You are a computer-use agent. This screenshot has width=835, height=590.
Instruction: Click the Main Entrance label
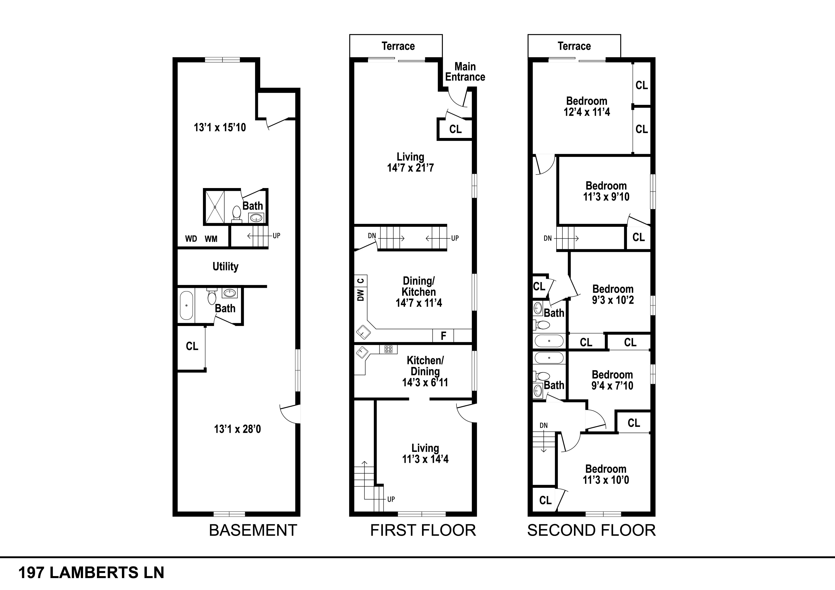click(x=465, y=72)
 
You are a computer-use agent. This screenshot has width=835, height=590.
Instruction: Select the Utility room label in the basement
click(x=225, y=266)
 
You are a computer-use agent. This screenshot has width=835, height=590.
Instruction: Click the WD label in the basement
click(x=191, y=239)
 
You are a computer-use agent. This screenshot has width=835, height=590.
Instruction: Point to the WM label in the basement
click(x=211, y=239)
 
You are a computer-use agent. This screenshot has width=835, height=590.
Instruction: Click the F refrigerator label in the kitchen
click(x=443, y=336)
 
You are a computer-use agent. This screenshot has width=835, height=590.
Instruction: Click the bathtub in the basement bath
click(x=186, y=305)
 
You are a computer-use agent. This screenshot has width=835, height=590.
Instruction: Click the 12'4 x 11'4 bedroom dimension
click(x=587, y=112)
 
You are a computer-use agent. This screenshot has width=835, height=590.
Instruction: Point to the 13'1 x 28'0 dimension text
click(x=237, y=429)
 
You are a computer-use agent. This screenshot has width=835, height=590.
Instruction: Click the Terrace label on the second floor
click(x=574, y=46)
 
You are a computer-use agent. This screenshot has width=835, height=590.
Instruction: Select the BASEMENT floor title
click(x=253, y=530)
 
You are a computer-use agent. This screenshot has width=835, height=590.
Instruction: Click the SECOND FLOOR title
click(x=591, y=530)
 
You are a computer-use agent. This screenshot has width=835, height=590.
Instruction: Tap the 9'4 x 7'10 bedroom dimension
click(x=612, y=386)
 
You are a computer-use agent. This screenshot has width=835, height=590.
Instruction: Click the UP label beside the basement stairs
click(x=276, y=236)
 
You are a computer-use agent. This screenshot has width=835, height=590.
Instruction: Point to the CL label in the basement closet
click(x=192, y=346)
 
